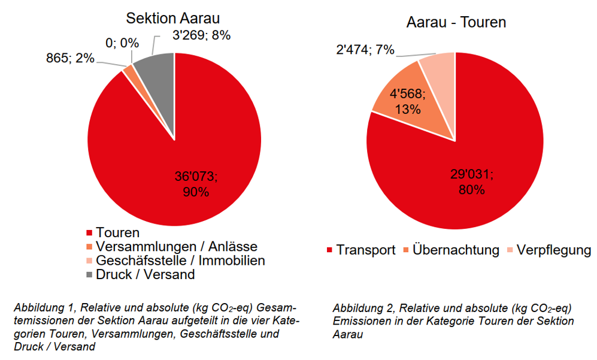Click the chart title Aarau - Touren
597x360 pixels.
click(456, 23)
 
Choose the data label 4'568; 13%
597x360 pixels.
click(407, 101)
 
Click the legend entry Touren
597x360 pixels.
click(117, 232)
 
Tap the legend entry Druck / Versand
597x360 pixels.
click(145, 275)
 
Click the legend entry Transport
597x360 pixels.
click(365, 250)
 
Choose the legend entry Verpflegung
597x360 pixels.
click(553, 250)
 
